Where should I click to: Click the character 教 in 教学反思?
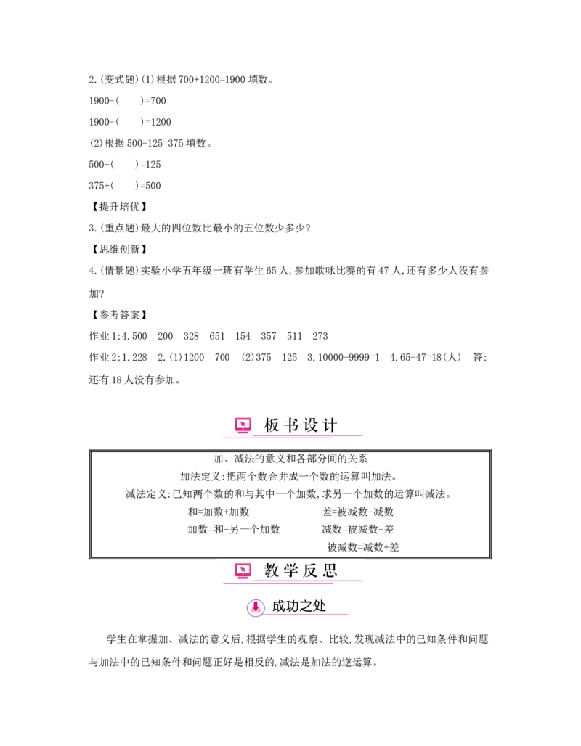[x=271, y=571]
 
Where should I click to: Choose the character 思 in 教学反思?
[x=329, y=571]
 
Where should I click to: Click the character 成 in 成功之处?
[x=279, y=607]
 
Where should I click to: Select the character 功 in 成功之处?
[x=294, y=607]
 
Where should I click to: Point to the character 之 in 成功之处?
[x=307, y=607]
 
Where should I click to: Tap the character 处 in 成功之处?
[x=320, y=607]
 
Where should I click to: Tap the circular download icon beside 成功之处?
[x=256, y=607]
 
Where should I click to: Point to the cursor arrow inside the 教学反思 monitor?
[x=243, y=569]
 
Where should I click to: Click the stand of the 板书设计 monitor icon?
[x=243, y=433]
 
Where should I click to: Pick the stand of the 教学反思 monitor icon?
[x=243, y=578]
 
